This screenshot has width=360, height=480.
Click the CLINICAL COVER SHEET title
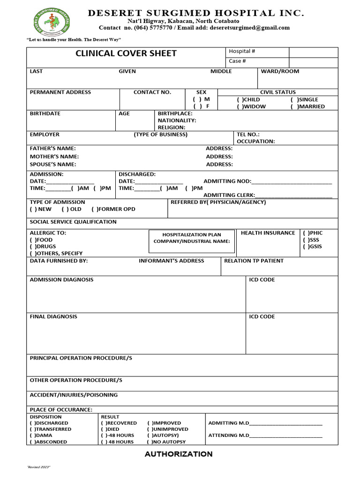tap(126, 53)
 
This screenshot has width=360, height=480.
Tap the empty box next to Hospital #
tap(313, 52)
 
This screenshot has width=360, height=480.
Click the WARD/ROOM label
tap(280, 71)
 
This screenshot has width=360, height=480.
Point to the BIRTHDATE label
tap(45, 113)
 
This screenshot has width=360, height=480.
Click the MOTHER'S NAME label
tap(54, 157)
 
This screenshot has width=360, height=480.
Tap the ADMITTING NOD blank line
tap(292, 182)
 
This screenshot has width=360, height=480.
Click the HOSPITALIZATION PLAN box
tap(192, 238)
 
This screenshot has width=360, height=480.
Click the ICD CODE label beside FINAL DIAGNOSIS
tap(262, 317)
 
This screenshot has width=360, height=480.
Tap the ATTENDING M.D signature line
tap(286, 436)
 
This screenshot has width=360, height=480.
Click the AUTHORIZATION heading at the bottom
tap(179, 454)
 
